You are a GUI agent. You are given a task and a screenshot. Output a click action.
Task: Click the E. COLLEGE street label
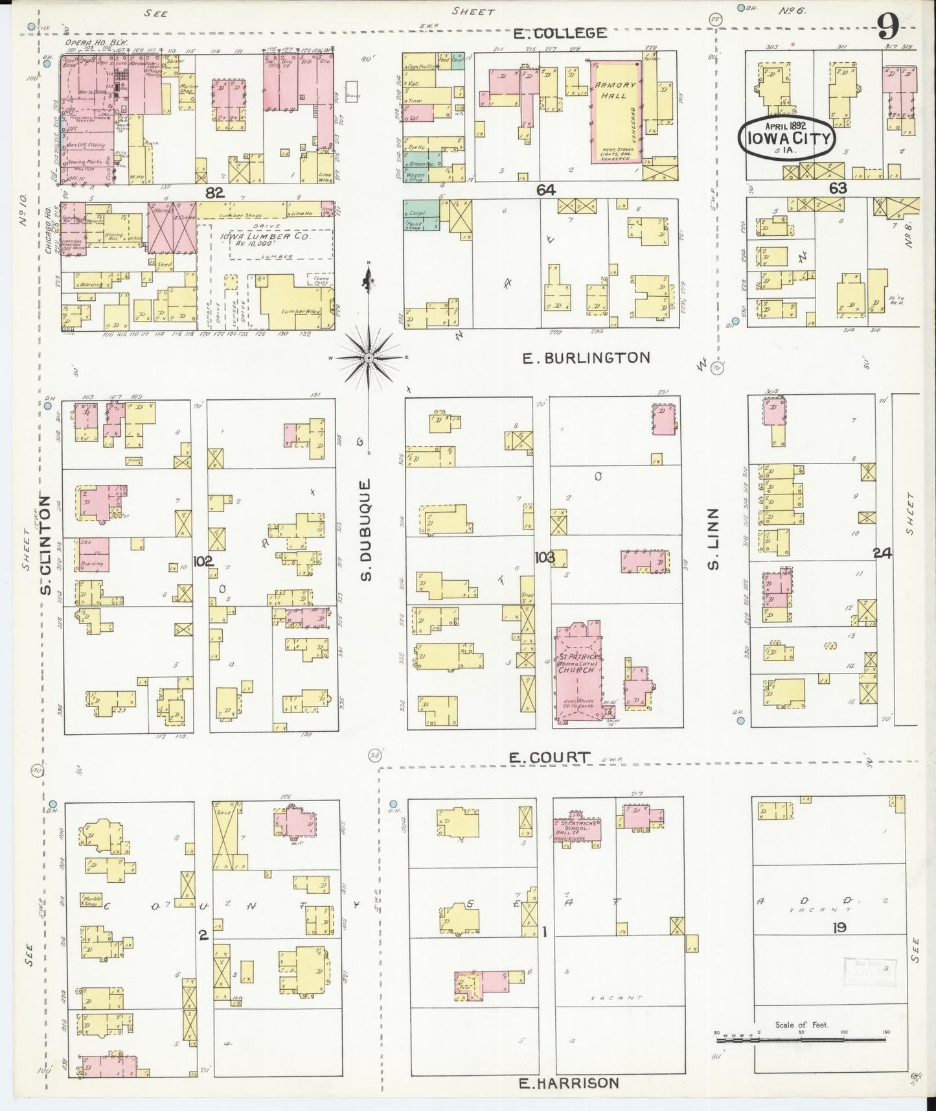point(560,33)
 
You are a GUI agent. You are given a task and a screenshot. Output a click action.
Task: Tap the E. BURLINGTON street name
point(586,358)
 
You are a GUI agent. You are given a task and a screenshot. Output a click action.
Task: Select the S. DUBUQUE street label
point(367,530)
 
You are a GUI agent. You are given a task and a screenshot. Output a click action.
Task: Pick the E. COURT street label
point(549,757)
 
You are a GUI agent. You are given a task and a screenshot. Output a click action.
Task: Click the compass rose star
point(368,357)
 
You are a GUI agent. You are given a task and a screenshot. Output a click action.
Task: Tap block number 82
point(214,192)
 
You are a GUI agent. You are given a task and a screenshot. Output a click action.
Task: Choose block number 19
point(839,928)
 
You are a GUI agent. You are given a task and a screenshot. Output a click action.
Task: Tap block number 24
point(882,553)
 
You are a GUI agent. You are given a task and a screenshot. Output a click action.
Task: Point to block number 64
point(546,189)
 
